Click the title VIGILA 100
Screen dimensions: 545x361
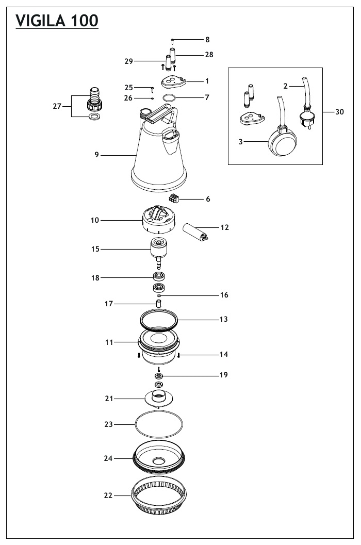pos(57,21)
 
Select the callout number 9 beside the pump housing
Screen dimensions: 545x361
pos(96,155)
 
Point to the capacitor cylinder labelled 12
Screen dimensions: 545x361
pos(196,232)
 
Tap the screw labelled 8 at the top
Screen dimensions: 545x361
pos(173,40)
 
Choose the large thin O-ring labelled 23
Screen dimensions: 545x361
pos(159,425)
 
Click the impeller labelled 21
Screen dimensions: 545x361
pos(159,399)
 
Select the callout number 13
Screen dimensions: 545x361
pos(223,320)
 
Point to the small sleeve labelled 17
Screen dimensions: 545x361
pos(159,302)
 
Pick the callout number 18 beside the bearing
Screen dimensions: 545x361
pos(95,278)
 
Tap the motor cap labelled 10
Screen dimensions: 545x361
pos(159,220)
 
